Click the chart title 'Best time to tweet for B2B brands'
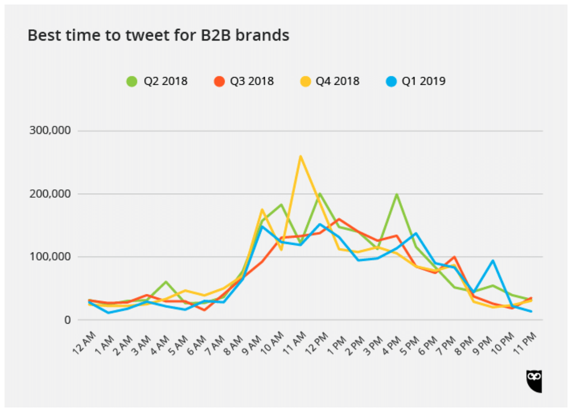pyautogui.click(x=158, y=35)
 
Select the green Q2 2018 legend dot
pyautogui.click(x=132, y=82)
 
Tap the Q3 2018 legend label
pyautogui.click(x=252, y=82)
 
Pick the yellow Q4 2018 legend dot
pyautogui.click(x=305, y=82)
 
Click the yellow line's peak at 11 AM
pyautogui.click(x=300, y=156)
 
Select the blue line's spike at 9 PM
pyautogui.click(x=493, y=261)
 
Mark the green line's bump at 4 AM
pyautogui.click(x=166, y=282)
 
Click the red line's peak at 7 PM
pyautogui.click(x=455, y=257)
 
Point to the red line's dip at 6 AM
pyautogui.click(x=205, y=310)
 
